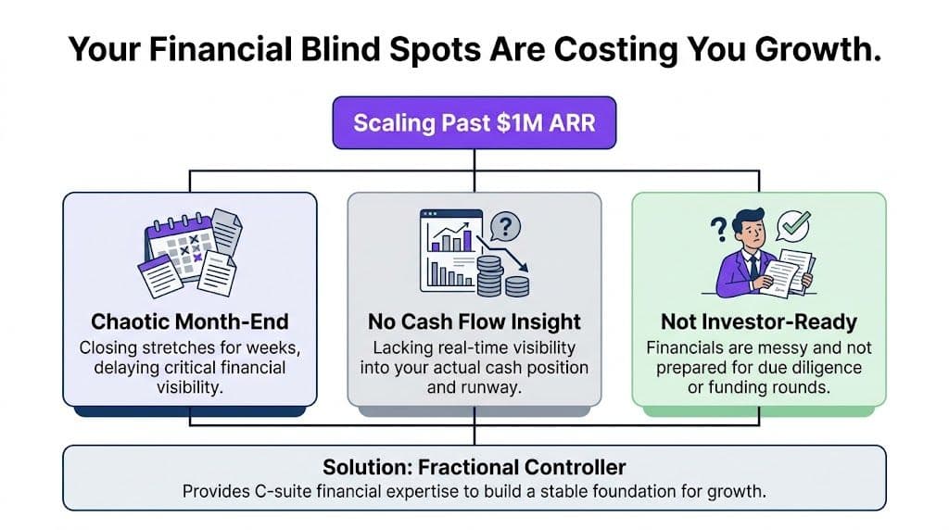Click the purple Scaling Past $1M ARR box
pos(474,122)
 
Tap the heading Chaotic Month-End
pos(190,322)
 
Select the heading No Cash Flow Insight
pos(474,322)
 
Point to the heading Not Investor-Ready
pos(758,322)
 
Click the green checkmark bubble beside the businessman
pos(794,224)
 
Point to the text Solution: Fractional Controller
pos(474,466)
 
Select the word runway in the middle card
pos(492,385)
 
